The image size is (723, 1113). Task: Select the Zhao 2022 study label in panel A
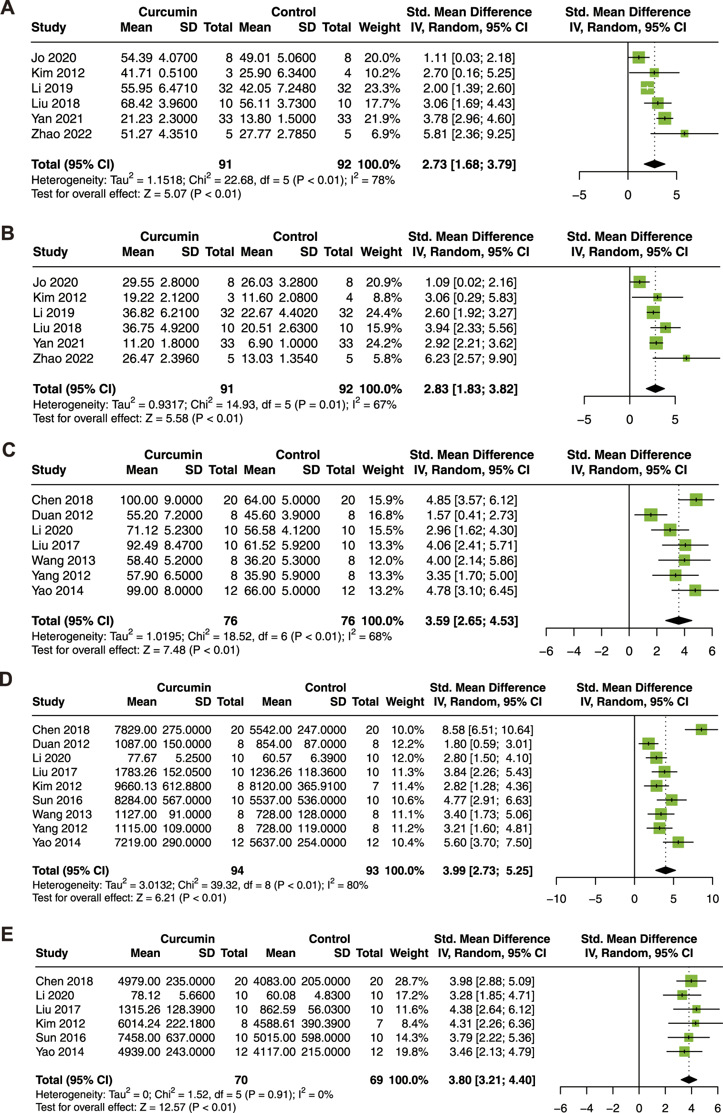62,134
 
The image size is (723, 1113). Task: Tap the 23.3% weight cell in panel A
382,88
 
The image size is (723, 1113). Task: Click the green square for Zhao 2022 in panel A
684,134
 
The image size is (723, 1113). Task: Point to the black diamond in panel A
654,164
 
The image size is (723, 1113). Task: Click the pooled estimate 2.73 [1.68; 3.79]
469,165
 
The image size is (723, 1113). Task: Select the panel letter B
8,233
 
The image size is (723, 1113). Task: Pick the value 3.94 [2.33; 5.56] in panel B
471,328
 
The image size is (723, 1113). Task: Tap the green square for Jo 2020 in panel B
639,282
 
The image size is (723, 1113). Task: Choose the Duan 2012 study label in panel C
62,515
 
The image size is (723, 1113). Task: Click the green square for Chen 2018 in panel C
696,499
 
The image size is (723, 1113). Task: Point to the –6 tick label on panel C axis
546,651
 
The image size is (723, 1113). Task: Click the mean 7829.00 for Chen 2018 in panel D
136,730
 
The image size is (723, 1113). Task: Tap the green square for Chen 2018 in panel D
701,729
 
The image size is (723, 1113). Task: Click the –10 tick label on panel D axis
556,899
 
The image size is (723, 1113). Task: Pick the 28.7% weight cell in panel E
411,981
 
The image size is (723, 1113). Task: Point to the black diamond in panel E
689,1080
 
